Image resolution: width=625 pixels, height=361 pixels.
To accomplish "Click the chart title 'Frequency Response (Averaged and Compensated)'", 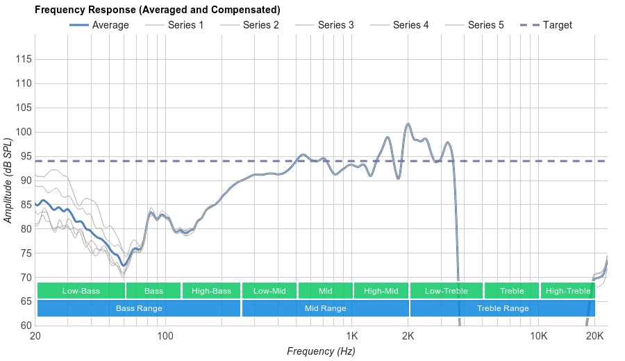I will (x=158, y=10).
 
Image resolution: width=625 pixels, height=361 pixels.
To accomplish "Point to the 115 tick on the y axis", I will (x=24, y=60).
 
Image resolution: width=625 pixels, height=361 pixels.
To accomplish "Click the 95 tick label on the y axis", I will (x=24, y=156).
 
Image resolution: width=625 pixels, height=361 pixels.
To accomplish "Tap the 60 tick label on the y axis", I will (x=24, y=325).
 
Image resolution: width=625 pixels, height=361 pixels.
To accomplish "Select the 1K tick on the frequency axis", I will (x=351, y=336).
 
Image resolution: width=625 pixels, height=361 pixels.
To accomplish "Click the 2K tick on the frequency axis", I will (x=408, y=336).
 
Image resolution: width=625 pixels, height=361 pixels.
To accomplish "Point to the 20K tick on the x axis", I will (x=594, y=336).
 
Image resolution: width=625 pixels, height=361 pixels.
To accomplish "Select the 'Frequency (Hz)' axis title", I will (x=321, y=351).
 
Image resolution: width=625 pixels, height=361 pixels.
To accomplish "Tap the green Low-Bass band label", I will (x=81, y=291).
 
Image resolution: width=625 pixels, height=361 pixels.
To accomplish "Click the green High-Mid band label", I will (x=381, y=291).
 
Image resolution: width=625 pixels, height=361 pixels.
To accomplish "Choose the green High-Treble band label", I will (x=568, y=291).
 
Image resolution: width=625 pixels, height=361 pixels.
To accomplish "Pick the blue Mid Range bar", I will (x=326, y=308).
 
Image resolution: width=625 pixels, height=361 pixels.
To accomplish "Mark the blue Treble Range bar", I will (x=503, y=308).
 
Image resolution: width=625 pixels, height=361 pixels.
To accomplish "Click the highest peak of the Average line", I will (x=408, y=124).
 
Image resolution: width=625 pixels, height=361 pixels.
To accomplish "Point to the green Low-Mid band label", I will (x=269, y=291).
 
